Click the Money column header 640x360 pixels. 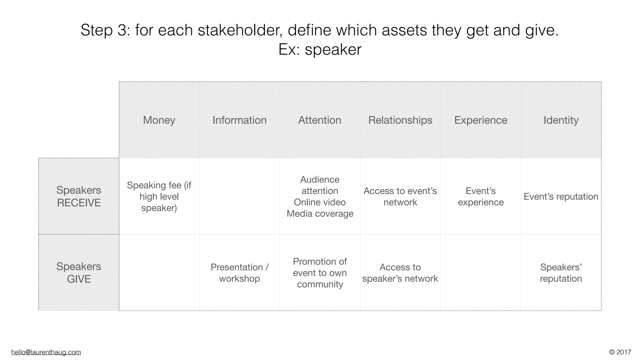click(x=159, y=120)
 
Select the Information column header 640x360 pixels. click(x=239, y=120)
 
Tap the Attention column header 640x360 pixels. click(x=320, y=120)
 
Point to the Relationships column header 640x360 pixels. click(x=400, y=120)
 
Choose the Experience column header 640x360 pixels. click(x=481, y=120)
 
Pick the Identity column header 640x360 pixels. click(x=561, y=120)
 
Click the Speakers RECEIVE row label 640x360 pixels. click(x=79, y=196)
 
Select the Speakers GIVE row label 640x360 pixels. click(x=79, y=272)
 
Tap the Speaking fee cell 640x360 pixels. click(x=159, y=197)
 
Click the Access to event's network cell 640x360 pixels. click(x=400, y=197)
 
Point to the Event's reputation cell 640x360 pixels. click(x=561, y=197)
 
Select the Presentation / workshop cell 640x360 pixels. click(x=239, y=273)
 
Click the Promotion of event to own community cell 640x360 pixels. click(x=320, y=273)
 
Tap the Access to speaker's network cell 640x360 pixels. click(x=400, y=273)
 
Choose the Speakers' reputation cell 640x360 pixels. click(x=561, y=273)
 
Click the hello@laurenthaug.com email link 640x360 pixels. click(x=46, y=352)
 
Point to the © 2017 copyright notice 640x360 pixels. click(x=620, y=352)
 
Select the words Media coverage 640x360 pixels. click(x=320, y=214)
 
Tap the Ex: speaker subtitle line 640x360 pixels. click(x=320, y=49)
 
